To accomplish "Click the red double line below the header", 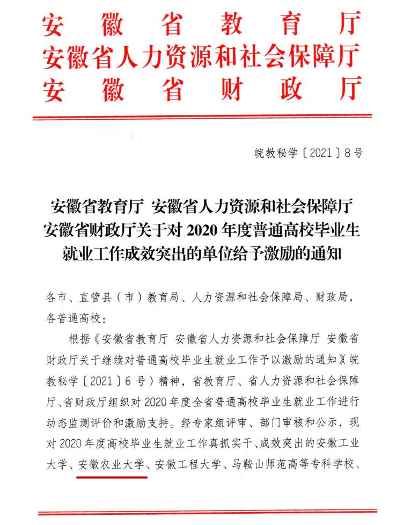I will pos(202,116).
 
